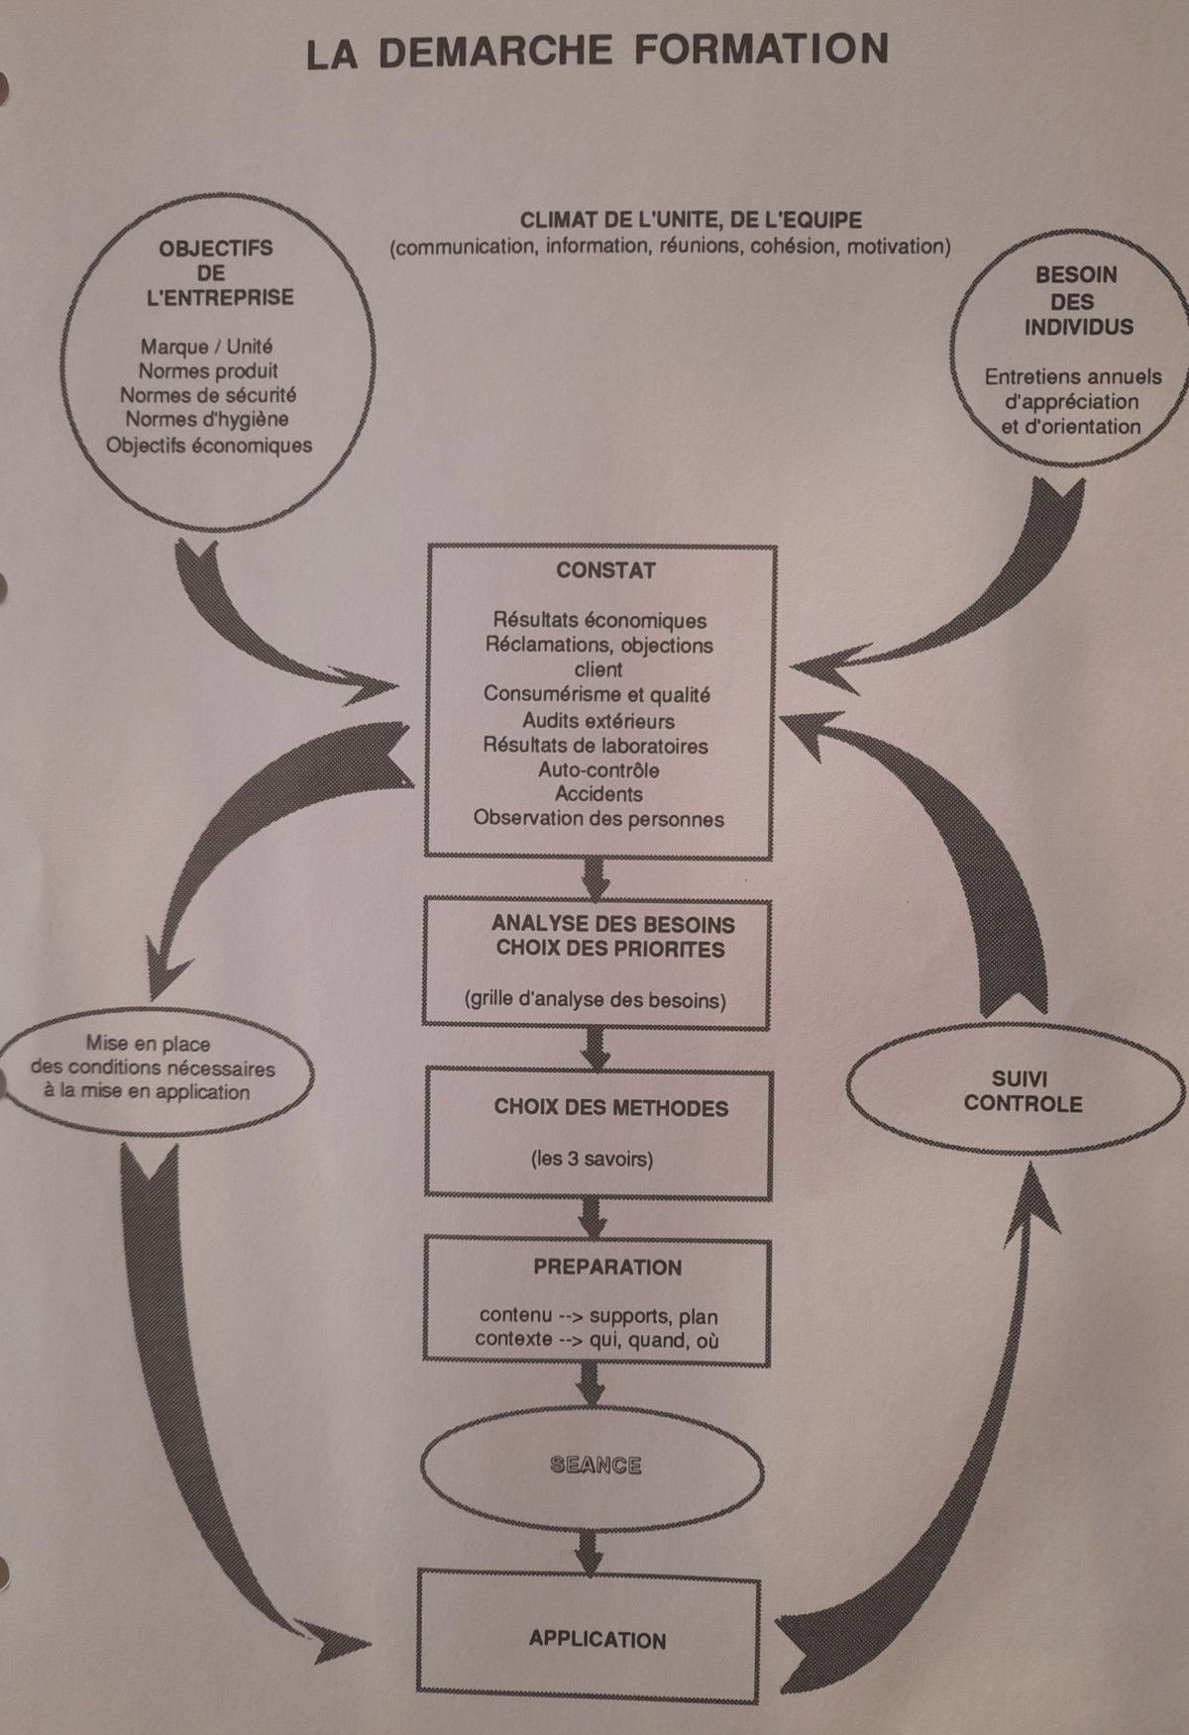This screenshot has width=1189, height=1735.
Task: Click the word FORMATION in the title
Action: (x=761, y=50)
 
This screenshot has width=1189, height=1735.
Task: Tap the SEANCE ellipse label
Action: (x=595, y=1465)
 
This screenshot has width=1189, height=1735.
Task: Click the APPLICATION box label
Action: (x=597, y=1639)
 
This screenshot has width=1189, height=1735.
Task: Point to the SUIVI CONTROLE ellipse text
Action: (x=1022, y=1091)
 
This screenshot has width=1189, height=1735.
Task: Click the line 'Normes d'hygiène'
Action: (x=207, y=420)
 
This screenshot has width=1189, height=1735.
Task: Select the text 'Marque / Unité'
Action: (x=206, y=347)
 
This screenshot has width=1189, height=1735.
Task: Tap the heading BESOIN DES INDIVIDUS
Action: (x=1076, y=301)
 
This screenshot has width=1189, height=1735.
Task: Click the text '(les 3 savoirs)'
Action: (x=592, y=1158)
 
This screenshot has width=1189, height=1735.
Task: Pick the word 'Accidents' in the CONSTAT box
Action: (x=598, y=794)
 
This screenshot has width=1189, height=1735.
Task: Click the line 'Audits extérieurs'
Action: (x=598, y=721)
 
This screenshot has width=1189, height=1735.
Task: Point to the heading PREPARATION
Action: (x=607, y=1267)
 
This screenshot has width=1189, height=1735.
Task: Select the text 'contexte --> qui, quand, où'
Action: (x=596, y=1340)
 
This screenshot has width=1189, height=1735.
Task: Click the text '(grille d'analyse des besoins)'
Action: (x=594, y=999)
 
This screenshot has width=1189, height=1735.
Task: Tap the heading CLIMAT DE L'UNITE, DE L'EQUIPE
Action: (x=691, y=220)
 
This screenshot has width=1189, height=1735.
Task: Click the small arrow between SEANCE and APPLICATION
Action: (x=591, y=1551)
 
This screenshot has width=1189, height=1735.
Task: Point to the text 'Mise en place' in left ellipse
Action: (x=148, y=1043)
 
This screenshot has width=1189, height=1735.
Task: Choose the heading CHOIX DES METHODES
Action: (x=610, y=1108)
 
